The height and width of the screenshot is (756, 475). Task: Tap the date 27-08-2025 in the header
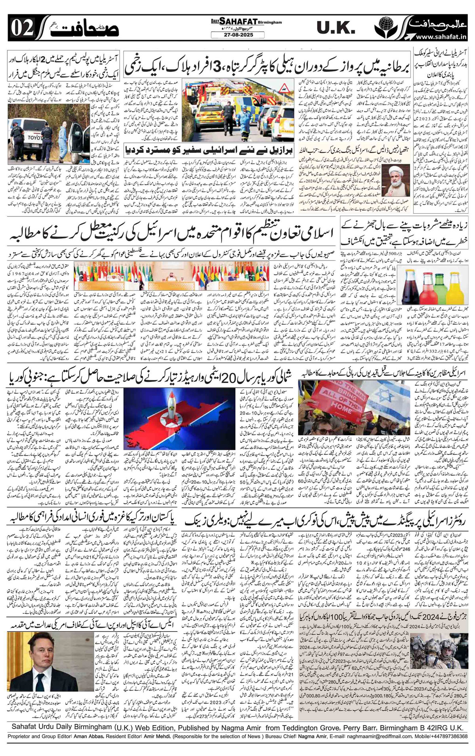[x=237, y=36]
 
